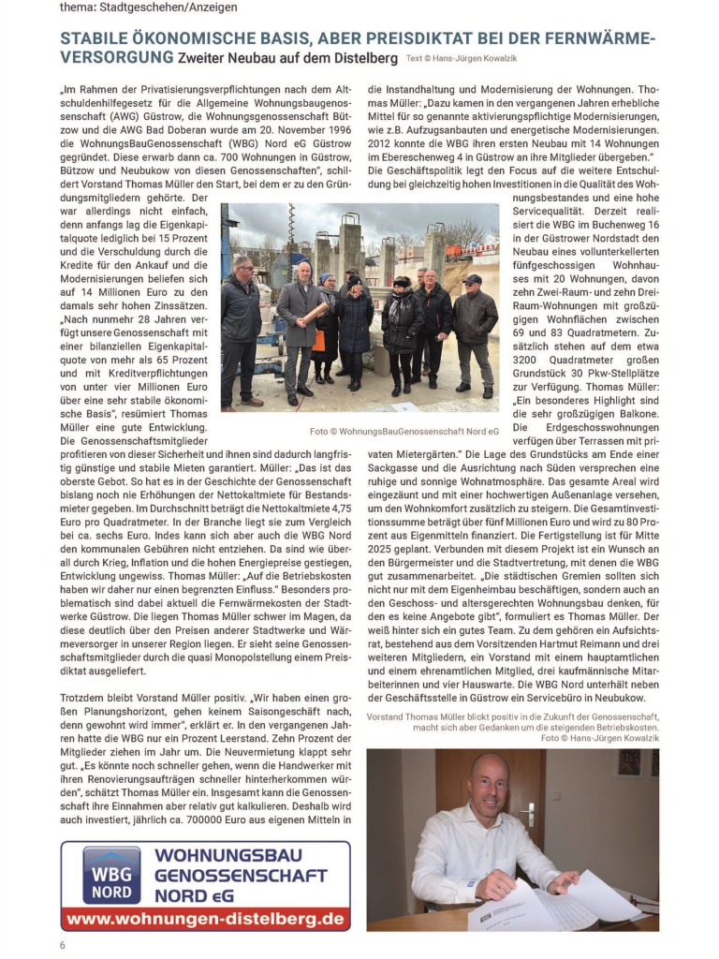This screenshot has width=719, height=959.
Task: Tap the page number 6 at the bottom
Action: (x=63, y=944)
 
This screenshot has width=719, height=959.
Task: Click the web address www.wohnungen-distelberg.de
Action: (x=205, y=919)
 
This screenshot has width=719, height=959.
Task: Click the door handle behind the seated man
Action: (x=529, y=813)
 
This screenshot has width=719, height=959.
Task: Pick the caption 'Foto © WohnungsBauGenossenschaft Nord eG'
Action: (x=404, y=431)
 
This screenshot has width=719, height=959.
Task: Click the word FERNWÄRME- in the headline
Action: (x=599, y=38)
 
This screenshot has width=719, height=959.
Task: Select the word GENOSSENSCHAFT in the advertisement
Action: (x=242, y=876)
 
